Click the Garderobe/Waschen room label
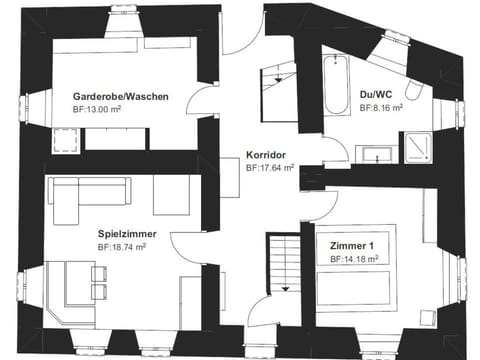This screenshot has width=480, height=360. pyautogui.click(x=119, y=96)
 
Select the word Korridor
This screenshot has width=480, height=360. pyautogui.click(x=267, y=156)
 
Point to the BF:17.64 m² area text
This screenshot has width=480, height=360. pyautogui.click(x=270, y=169)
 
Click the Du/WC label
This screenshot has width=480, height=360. pyautogui.click(x=377, y=95)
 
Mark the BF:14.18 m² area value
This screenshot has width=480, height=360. pyautogui.click(x=354, y=259)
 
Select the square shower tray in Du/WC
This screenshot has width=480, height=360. pyautogui.click(x=415, y=146)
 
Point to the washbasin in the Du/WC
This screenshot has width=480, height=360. pyautogui.click(x=375, y=152)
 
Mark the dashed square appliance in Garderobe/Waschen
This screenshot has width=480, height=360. pyautogui.click(x=66, y=141)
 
